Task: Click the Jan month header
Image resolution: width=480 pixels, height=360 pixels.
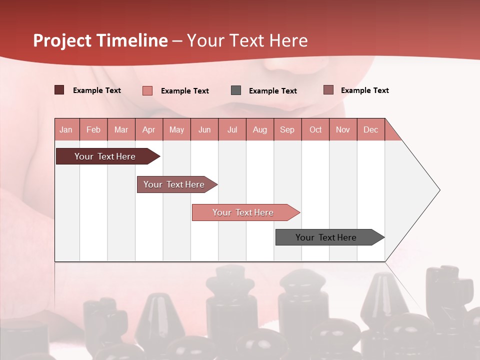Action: click(x=66, y=129)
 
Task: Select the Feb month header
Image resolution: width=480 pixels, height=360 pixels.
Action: click(x=93, y=129)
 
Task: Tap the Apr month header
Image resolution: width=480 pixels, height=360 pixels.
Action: click(x=148, y=129)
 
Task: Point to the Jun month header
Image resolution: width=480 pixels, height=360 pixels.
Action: click(x=204, y=129)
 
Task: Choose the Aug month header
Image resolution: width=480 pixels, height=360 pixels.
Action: click(x=259, y=129)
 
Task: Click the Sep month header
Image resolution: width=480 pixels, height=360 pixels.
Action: click(x=287, y=129)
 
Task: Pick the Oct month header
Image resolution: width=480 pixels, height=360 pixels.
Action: click(x=315, y=129)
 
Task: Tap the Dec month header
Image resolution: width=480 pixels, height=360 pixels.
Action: click(x=370, y=129)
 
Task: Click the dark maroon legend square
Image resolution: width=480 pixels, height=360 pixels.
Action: click(x=59, y=90)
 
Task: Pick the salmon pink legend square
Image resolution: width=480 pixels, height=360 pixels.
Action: click(x=147, y=90)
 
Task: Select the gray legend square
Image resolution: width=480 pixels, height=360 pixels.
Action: click(x=236, y=90)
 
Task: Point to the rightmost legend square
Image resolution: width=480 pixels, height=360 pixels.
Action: click(x=328, y=90)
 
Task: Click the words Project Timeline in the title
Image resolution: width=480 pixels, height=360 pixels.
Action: click(x=100, y=40)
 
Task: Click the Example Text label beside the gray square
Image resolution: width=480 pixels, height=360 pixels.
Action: click(x=272, y=91)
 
